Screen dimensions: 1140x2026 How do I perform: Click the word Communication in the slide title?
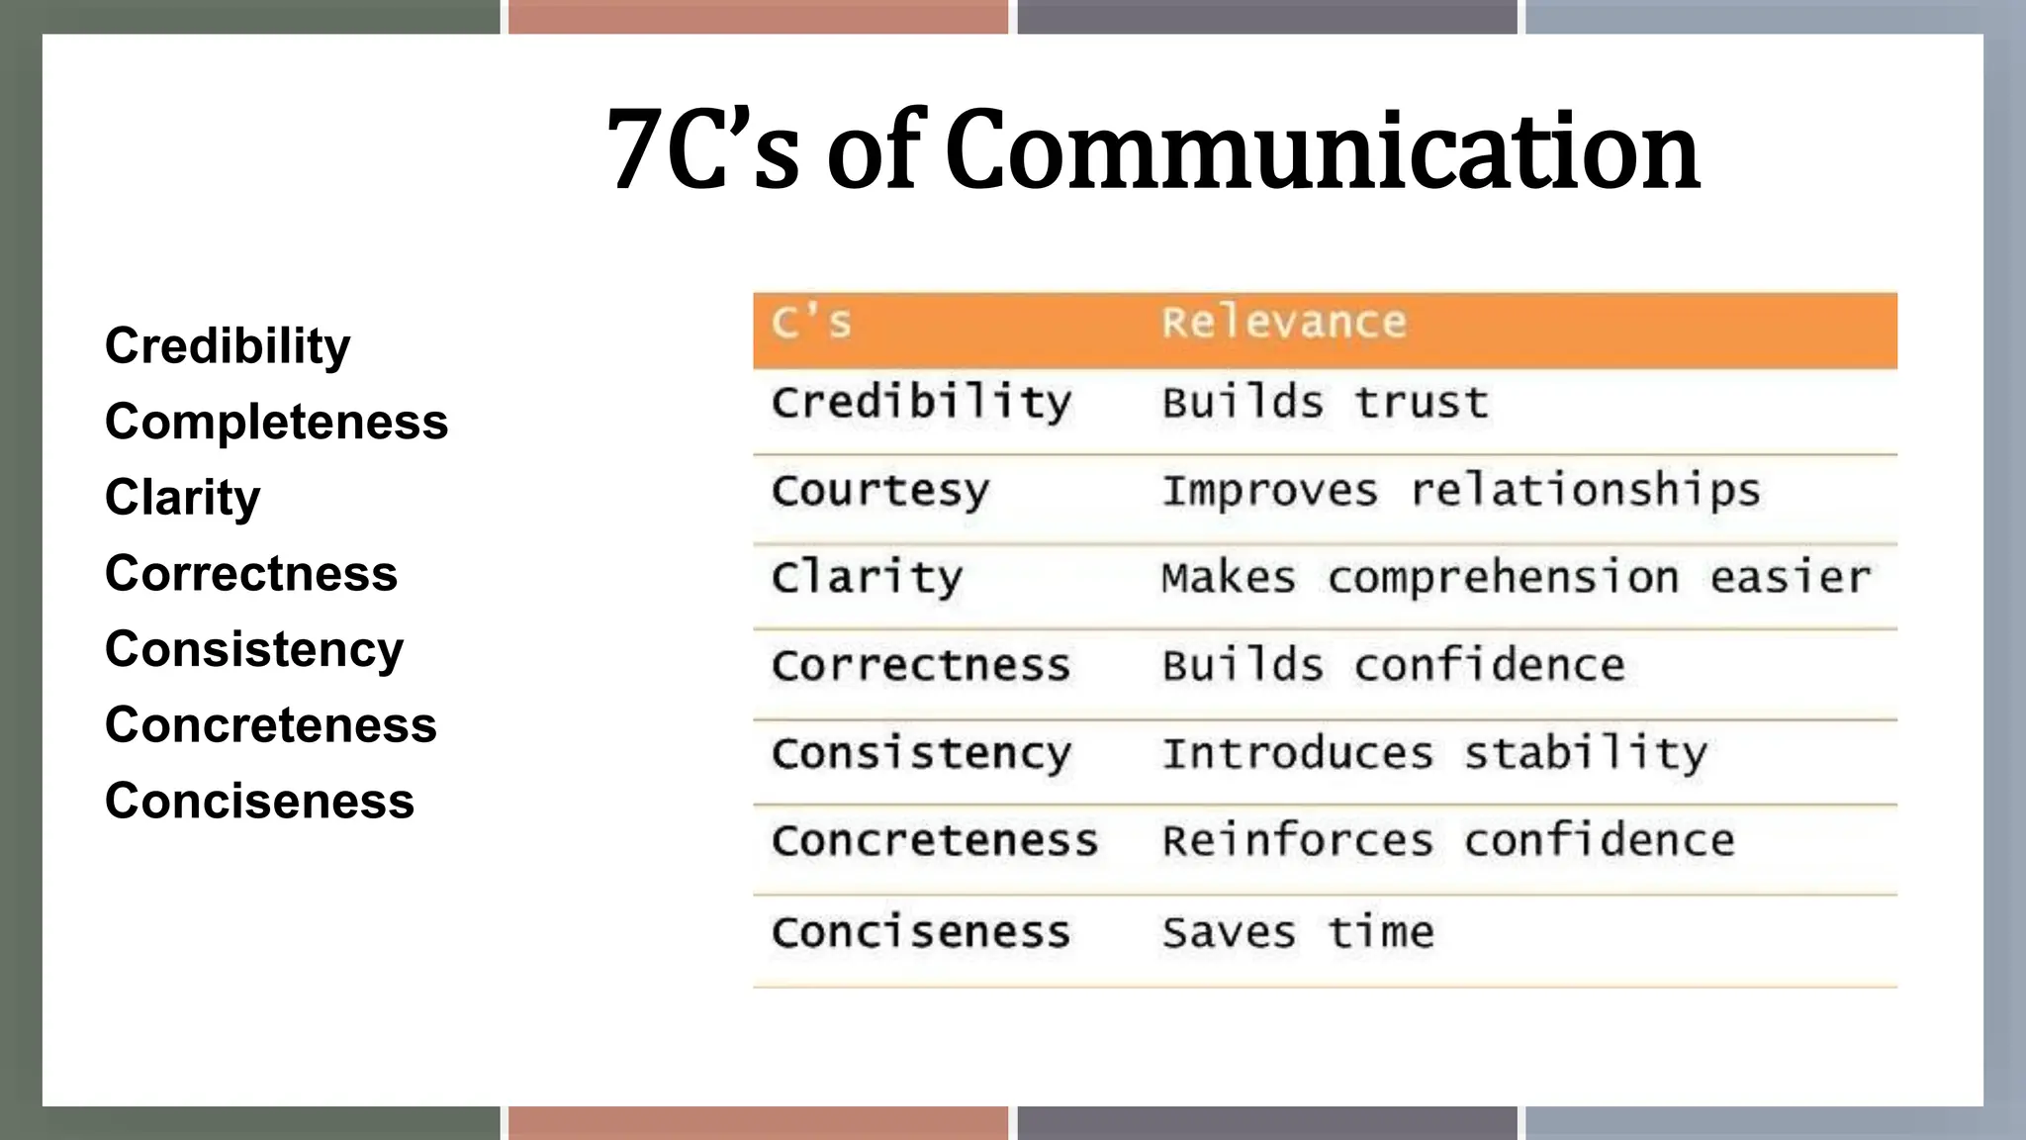click(x=1323, y=150)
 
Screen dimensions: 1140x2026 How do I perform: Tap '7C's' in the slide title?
click(x=702, y=150)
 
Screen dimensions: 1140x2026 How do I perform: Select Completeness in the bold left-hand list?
click(x=276, y=422)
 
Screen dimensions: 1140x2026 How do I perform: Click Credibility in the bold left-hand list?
click(x=228, y=346)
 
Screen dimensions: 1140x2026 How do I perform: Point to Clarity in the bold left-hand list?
click(x=183, y=497)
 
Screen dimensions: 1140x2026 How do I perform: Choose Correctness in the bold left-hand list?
click(x=251, y=573)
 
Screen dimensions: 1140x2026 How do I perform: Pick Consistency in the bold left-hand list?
click(x=254, y=649)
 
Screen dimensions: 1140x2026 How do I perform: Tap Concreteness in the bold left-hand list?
click(x=271, y=724)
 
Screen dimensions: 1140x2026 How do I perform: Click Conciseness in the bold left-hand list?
click(x=259, y=801)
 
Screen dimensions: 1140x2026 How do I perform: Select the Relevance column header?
click(x=1283, y=323)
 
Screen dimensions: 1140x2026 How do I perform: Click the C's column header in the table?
click(x=811, y=323)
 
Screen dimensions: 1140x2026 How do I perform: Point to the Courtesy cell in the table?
click(x=879, y=491)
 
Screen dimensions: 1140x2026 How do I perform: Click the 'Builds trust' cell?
click(x=1325, y=403)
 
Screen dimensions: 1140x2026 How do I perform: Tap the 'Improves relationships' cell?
click(x=1460, y=491)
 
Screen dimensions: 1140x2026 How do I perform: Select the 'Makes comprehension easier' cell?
click(x=1516, y=578)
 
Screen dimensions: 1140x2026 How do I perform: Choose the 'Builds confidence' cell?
click(x=1393, y=665)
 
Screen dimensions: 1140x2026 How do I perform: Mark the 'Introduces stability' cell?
click(x=1433, y=753)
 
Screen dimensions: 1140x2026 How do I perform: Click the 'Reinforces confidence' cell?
click(x=1447, y=840)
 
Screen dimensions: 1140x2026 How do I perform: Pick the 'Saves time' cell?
click(x=1297, y=932)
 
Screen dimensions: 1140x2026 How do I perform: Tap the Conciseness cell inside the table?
click(x=920, y=932)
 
